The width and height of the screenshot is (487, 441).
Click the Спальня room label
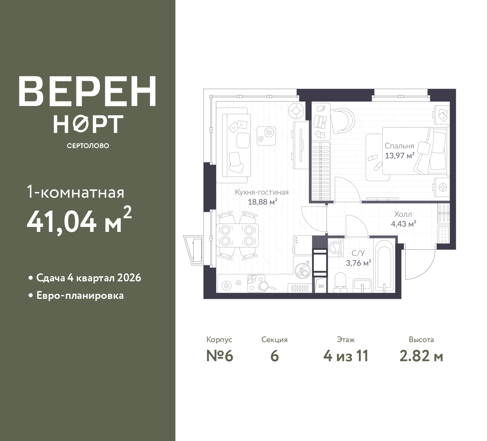point(399,146)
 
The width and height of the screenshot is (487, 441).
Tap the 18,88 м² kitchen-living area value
point(262,202)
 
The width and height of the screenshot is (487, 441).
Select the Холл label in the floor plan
point(403,214)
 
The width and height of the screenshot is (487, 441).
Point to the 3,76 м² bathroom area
point(358,263)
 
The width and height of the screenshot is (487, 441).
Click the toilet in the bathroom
point(340,282)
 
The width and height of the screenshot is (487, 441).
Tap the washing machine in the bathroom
point(336,247)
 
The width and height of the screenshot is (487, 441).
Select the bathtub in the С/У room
point(384,266)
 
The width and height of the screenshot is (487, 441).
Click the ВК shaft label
point(321,286)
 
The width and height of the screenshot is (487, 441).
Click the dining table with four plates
point(237,235)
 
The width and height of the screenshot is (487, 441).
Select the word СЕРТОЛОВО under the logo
point(88,146)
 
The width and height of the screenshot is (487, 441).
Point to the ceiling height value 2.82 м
point(421,356)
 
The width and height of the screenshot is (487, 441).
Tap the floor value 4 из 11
point(346,356)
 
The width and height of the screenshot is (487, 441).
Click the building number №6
point(220,356)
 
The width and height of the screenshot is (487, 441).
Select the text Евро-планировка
point(80,295)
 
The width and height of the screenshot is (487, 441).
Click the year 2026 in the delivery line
point(129,278)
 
